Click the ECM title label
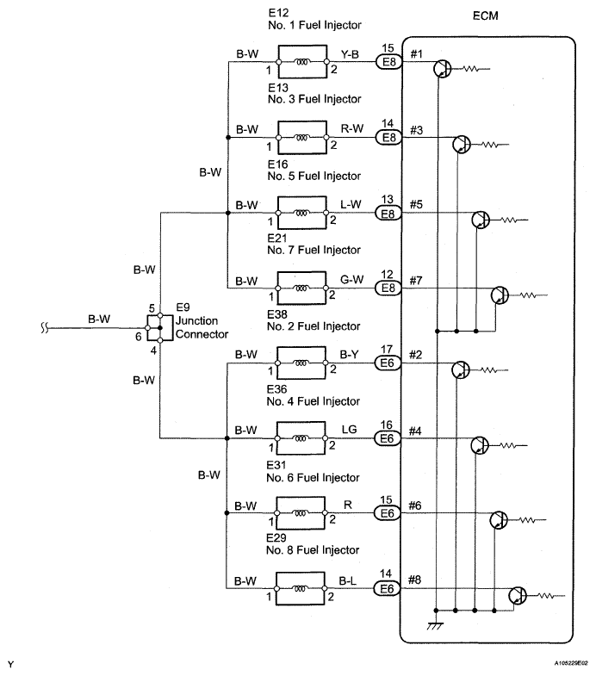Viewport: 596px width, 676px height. tap(485, 16)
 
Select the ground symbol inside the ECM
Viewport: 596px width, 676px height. tap(436, 625)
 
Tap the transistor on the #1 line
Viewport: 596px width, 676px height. tap(443, 69)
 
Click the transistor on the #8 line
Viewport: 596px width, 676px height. tap(518, 596)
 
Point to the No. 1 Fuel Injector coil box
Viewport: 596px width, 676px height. tap(302, 62)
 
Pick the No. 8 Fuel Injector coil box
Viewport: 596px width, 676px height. tap(301, 588)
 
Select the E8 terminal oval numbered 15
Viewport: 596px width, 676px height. tap(389, 62)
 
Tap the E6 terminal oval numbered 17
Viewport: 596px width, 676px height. tap(388, 363)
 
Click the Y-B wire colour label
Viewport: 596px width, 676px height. tap(350, 54)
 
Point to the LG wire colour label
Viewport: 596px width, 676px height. tap(350, 430)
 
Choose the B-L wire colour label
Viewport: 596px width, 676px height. tap(348, 581)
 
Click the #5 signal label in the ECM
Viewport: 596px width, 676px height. tap(416, 204)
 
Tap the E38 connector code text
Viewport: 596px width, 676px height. tap(277, 314)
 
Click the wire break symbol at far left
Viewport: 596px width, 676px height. tap(44, 328)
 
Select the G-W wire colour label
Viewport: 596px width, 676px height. tap(352, 279)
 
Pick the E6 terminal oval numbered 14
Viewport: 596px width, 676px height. tap(387, 589)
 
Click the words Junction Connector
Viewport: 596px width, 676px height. tap(202, 327)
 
